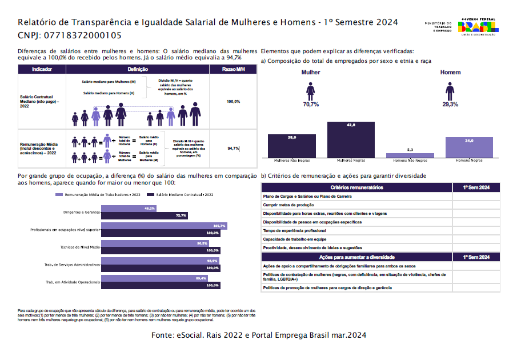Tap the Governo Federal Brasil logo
(x=479, y=26)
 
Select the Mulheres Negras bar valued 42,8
(x=351, y=140)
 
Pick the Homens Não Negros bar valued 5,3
(x=410, y=155)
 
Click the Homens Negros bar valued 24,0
(x=469, y=147)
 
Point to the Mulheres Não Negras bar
(x=291, y=146)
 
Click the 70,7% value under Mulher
(x=311, y=105)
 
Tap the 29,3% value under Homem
(x=450, y=105)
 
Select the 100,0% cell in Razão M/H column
(x=233, y=102)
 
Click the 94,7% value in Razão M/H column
(x=233, y=148)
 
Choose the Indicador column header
(x=42, y=69)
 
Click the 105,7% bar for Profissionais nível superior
(x=165, y=226)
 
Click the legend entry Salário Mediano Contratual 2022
(x=180, y=195)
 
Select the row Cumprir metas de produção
(x=289, y=204)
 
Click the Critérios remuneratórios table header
(x=356, y=187)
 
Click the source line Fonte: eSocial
(x=259, y=335)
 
